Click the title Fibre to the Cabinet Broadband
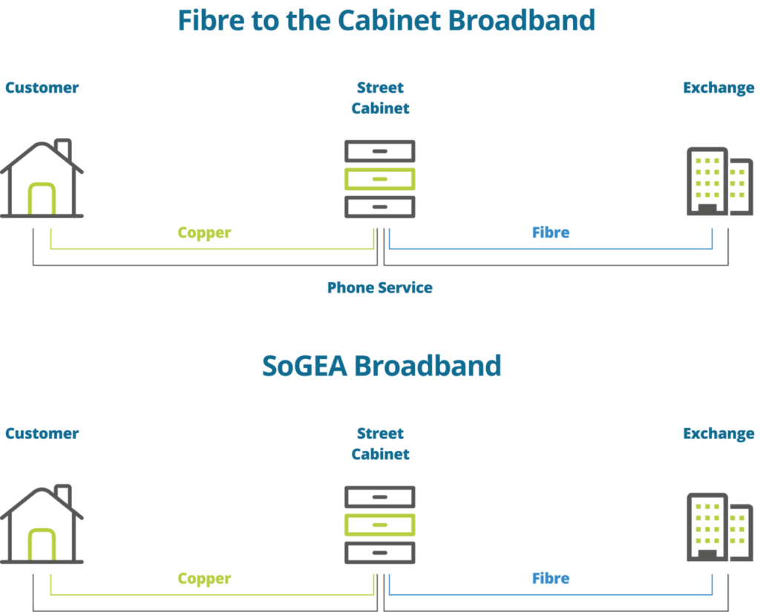(x=386, y=21)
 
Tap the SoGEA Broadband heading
(x=381, y=366)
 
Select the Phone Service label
(x=380, y=287)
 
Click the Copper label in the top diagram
(x=204, y=232)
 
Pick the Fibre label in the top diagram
(x=551, y=232)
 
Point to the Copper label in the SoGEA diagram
(x=204, y=578)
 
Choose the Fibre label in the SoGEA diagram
(x=551, y=578)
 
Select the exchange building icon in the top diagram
(x=718, y=182)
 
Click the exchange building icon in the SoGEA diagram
(x=718, y=527)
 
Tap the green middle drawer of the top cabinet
(x=379, y=179)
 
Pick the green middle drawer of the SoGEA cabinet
(x=379, y=524)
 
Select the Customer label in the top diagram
(x=42, y=88)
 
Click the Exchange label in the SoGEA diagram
(x=718, y=433)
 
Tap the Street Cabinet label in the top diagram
(x=380, y=98)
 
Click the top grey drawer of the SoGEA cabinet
(x=379, y=496)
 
